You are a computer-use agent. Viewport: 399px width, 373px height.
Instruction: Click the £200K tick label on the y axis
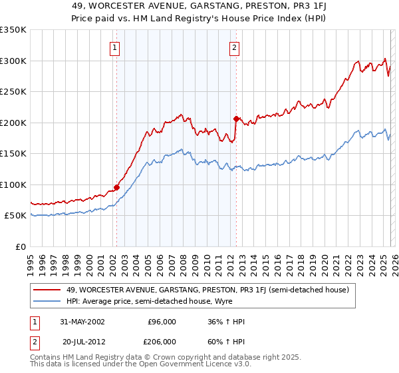(x=13, y=123)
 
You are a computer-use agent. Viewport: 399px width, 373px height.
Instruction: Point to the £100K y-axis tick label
(x=13, y=185)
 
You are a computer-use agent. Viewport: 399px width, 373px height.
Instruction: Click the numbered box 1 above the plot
(x=116, y=47)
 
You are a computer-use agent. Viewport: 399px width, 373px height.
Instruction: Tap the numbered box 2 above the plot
(x=235, y=47)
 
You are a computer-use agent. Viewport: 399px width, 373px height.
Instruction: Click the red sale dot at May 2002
(x=116, y=187)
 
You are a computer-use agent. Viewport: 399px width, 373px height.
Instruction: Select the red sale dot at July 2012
(x=236, y=119)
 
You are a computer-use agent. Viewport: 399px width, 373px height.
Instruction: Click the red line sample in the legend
(x=48, y=289)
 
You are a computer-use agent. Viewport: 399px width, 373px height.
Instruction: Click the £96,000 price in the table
(x=162, y=321)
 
